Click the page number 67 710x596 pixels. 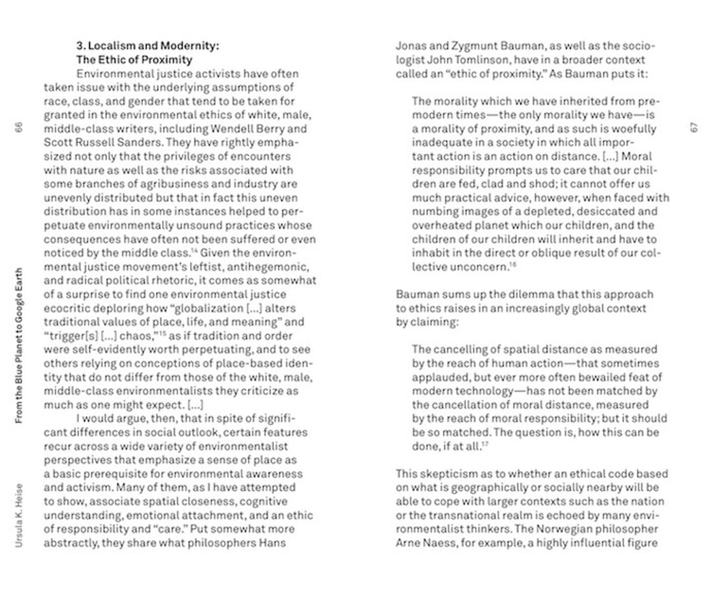[694, 127]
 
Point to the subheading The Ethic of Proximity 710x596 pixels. [134, 60]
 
